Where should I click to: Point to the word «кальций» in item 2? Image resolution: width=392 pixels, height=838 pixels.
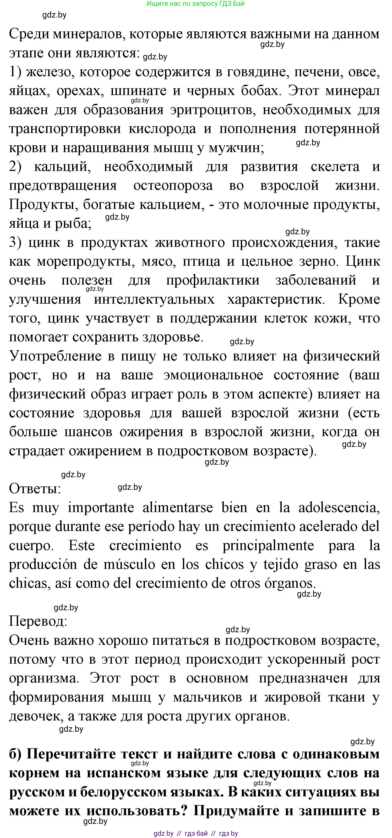pos(62,167)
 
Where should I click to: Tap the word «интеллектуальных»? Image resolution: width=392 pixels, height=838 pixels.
pos(154,299)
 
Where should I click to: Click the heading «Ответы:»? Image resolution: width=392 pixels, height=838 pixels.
pos(35,489)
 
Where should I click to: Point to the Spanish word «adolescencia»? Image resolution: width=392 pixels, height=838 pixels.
pos(339,507)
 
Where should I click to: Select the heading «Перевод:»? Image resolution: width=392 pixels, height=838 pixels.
pos(38,621)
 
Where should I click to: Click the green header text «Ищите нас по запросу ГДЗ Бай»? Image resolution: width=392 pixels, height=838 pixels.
pos(196,4)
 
